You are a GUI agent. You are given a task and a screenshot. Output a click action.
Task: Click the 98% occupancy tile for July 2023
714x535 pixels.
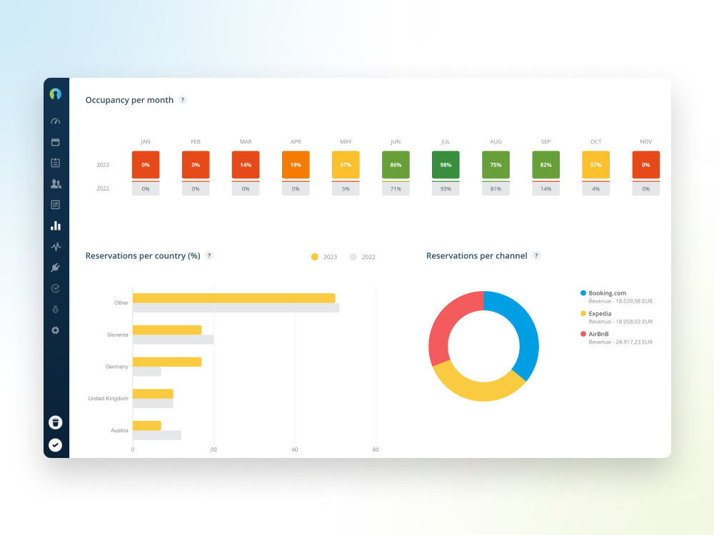tap(446, 165)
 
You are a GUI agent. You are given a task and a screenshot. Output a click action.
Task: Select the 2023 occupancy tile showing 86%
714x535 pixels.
tap(396, 165)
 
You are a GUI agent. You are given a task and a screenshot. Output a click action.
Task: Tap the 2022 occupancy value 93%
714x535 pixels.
tap(446, 189)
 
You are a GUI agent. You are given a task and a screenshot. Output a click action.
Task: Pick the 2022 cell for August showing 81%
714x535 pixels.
tap(496, 189)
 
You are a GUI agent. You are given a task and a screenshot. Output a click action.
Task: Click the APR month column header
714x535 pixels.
tap(296, 142)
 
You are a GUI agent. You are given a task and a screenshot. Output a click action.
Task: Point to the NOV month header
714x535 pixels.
tap(645, 142)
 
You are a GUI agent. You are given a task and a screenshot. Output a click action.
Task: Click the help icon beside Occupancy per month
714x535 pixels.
tap(183, 100)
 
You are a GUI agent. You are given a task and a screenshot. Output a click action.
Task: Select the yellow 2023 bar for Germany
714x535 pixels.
tap(167, 362)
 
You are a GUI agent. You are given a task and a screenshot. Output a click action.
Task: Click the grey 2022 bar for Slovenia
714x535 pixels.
tap(173, 340)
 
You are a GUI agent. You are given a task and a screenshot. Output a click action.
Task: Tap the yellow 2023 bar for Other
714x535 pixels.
tap(233, 298)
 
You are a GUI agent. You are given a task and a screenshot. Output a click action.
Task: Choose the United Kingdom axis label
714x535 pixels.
tap(108, 398)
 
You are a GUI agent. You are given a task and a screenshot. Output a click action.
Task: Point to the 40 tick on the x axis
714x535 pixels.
tap(295, 449)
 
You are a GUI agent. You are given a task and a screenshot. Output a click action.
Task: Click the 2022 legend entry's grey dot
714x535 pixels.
tap(353, 257)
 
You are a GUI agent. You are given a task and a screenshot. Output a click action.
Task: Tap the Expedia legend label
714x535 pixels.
tap(600, 313)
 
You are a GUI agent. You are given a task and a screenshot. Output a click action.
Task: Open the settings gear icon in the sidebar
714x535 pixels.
tap(56, 330)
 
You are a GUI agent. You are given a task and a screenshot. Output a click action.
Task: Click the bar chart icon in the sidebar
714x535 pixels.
tap(56, 225)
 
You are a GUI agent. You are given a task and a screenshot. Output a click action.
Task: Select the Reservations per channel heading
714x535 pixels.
tap(476, 255)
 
